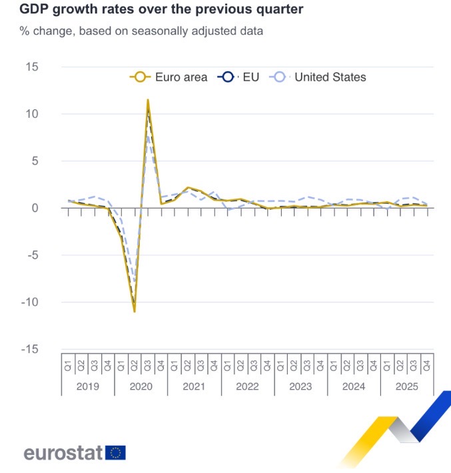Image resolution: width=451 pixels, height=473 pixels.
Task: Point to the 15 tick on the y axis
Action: (x=31, y=67)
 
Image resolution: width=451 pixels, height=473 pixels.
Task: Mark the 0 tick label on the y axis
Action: (x=35, y=208)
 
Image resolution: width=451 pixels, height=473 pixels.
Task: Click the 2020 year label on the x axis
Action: (x=141, y=386)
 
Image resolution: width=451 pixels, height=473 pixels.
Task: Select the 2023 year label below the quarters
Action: (x=300, y=386)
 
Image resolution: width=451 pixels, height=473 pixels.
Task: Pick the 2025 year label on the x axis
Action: (x=407, y=386)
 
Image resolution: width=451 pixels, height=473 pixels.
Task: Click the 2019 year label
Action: (x=87, y=386)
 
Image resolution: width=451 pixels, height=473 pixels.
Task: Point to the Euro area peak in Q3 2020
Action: (x=148, y=100)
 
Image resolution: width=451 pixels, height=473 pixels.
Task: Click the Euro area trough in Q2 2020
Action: (x=135, y=311)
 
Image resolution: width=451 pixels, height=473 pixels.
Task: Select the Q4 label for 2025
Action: (x=427, y=364)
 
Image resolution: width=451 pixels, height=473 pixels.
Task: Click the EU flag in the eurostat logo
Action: (x=115, y=453)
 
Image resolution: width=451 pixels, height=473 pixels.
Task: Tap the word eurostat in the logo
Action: (x=63, y=453)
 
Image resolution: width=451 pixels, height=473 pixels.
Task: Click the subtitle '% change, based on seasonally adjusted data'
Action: (x=141, y=31)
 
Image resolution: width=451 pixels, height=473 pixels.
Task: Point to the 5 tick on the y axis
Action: (x=35, y=161)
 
